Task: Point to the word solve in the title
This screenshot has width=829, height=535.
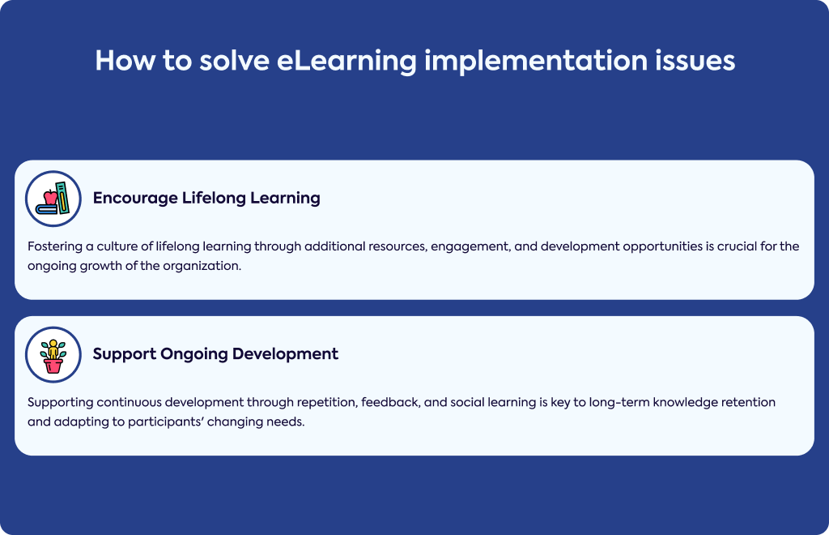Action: pyautogui.click(x=234, y=60)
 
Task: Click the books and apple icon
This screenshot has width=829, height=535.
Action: pyautogui.click(x=53, y=199)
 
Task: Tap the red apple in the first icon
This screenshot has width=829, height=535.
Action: pyautogui.click(x=50, y=198)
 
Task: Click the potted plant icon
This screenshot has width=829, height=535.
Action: pyautogui.click(x=53, y=354)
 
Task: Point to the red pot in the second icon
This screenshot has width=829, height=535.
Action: pyautogui.click(x=53, y=366)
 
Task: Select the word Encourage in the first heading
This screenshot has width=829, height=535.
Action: pyautogui.click(x=135, y=199)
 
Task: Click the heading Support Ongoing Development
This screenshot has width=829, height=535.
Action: pyautogui.click(x=215, y=354)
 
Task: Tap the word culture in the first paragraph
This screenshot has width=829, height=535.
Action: pyautogui.click(x=117, y=246)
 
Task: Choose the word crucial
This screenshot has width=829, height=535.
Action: pyautogui.click(x=737, y=246)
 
